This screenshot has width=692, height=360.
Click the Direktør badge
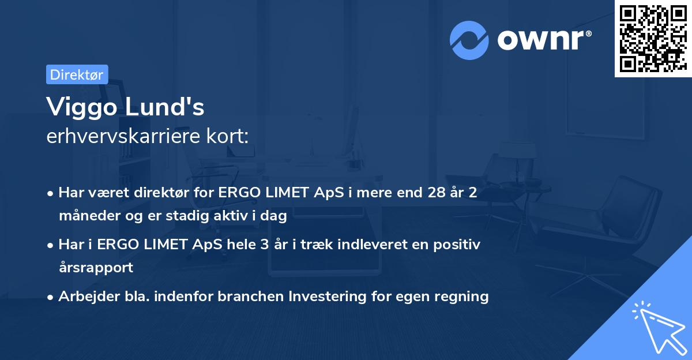(x=77, y=74)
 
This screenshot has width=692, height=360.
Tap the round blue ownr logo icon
(x=469, y=40)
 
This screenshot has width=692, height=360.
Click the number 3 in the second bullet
(x=264, y=245)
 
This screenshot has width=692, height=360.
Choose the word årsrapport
(x=96, y=268)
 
